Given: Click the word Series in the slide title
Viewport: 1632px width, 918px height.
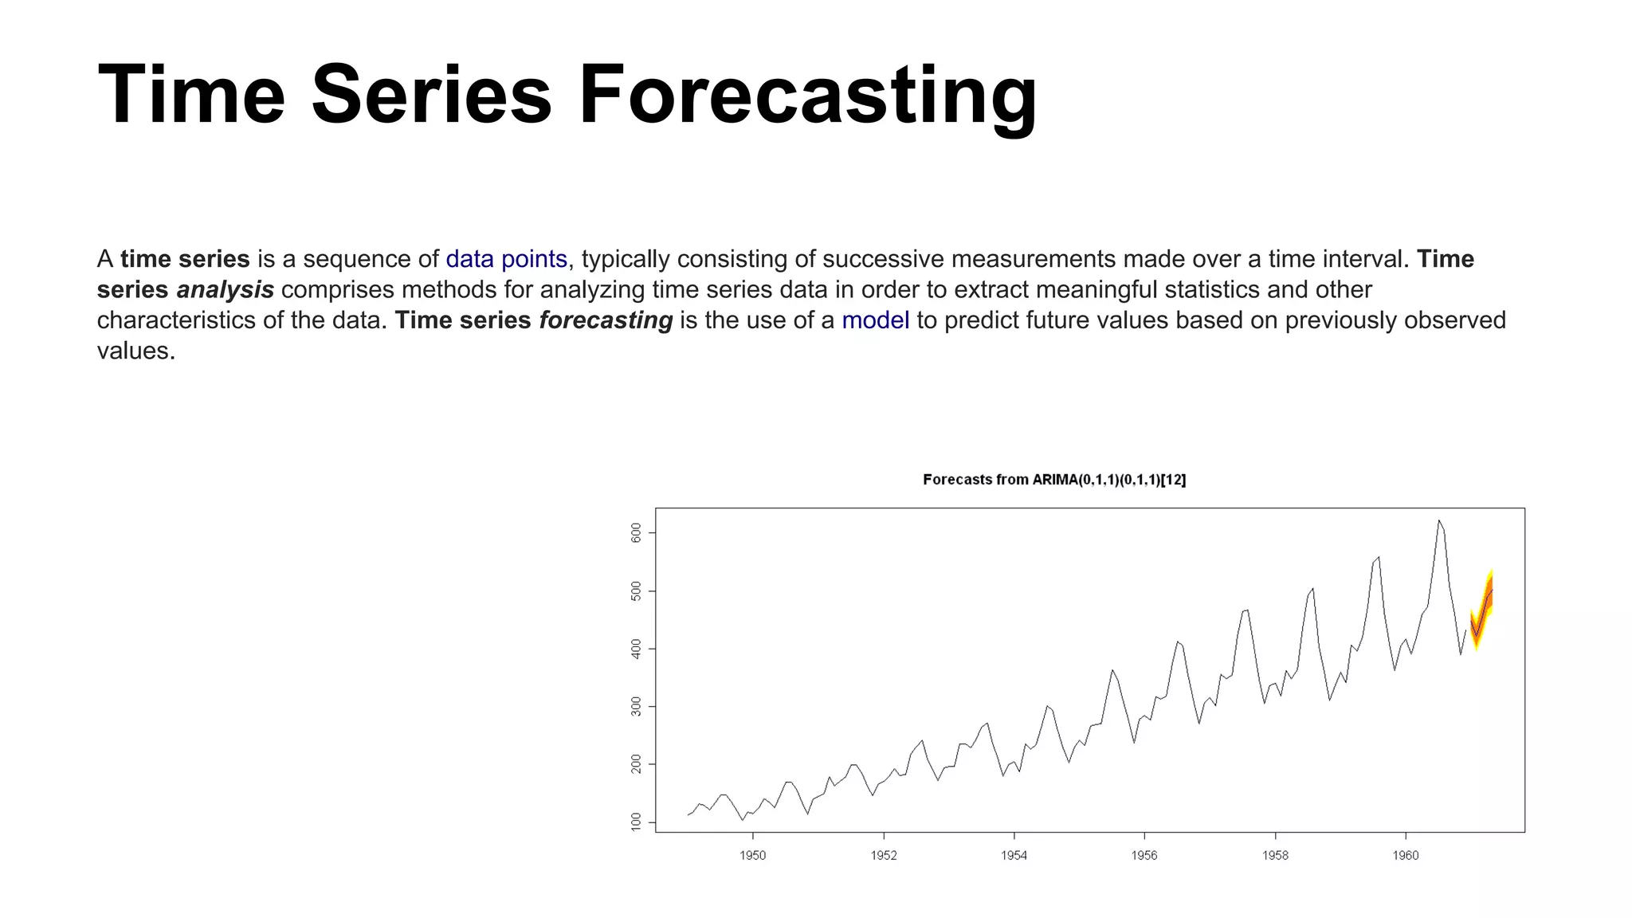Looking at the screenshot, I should click(x=431, y=96).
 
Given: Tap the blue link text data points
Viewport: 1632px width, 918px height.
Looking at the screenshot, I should click(x=506, y=259).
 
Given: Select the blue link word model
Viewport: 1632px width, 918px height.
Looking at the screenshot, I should click(x=875, y=320).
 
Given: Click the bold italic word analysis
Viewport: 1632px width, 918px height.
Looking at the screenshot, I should click(x=225, y=290).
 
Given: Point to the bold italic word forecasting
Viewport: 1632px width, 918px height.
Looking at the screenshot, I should click(x=606, y=320).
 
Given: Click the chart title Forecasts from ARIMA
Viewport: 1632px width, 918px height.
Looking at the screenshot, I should click(x=1053, y=480).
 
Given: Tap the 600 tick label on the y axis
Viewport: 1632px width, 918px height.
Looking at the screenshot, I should click(x=636, y=533).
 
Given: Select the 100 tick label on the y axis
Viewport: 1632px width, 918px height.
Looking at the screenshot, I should click(x=636, y=822).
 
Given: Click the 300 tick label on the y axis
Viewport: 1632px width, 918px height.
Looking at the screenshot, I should click(x=636, y=707).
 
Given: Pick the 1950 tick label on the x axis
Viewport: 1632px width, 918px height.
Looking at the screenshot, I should click(x=752, y=856).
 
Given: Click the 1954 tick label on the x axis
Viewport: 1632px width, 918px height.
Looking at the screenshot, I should click(x=1014, y=856).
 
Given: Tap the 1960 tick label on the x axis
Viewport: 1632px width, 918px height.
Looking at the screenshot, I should click(x=1405, y=856).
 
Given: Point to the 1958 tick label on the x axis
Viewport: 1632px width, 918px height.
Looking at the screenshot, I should click(x=1275, y=856).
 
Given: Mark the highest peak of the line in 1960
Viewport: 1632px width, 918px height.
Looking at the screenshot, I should click(x=1439, y=521).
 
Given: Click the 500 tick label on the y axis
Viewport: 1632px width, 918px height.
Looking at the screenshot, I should click(x=636, y=591).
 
